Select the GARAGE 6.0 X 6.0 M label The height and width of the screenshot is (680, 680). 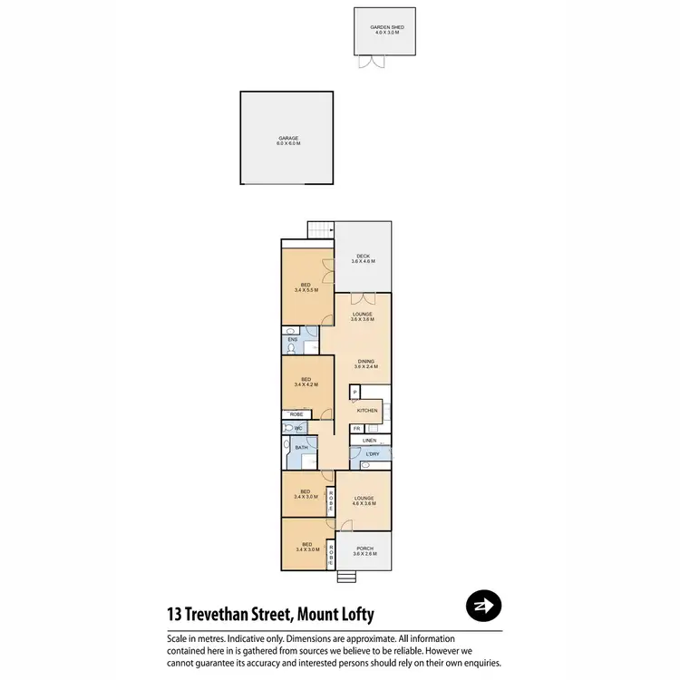[287, 141]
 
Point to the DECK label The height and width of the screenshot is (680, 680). [364, 258]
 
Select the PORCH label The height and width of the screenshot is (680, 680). [364, 550]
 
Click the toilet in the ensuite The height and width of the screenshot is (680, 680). [292, 347]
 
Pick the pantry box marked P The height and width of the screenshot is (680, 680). [355, 392]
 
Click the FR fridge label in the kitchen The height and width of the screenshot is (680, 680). [357, 428]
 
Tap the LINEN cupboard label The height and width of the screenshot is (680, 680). [369, 441]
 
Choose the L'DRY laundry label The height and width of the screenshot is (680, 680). [372, 453]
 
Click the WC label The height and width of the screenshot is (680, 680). [296, 428]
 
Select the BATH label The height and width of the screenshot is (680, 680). [302, 447]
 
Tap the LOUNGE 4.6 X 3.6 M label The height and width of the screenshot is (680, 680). [364, 500]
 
